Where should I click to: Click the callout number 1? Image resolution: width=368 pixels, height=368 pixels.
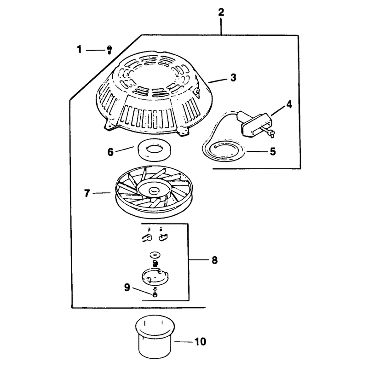pyautogui.click(x=79, y=50)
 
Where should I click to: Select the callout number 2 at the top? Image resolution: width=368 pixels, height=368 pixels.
pyautogui.click(x=221, y=12)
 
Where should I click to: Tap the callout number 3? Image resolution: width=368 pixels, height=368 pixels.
pyautogui.click(x=233, y=77)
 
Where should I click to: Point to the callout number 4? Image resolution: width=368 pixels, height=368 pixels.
pyautogui.click(x=289, y=104)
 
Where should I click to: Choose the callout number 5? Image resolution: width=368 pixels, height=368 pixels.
pyautogui.click(x=273, y=152)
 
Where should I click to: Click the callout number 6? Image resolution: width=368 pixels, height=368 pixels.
pyautogui.click(x=110, y=152)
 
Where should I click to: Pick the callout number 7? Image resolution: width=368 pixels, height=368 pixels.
pyautogui.click(x=87, y=193)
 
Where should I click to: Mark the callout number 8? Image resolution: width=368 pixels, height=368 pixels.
pyautogui.click(x=214, y=260)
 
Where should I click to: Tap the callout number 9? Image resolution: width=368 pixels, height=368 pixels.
pyautogui.click(x=127, y=287)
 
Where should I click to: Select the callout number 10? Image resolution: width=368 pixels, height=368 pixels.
pyautogui.click(x=200, y=342)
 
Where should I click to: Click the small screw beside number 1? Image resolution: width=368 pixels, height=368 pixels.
pyautogui.click(x=109, y=50)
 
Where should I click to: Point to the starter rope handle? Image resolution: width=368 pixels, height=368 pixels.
pyautogui.click(x=255, y=125)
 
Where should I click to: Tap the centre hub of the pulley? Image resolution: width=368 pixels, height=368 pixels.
pyautogui.click(x=153, y=190)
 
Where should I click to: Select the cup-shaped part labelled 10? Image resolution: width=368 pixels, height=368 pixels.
pyautogui.click(x=155, y=337)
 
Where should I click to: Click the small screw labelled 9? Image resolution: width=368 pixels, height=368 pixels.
pyautogui.click(x=155, y=294)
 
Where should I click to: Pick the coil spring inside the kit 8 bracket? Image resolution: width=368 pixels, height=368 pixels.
pyautogui.click(x=155, y=263)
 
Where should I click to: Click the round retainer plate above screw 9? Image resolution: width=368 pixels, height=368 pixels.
pyautogui.click(x=155, y=276)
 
